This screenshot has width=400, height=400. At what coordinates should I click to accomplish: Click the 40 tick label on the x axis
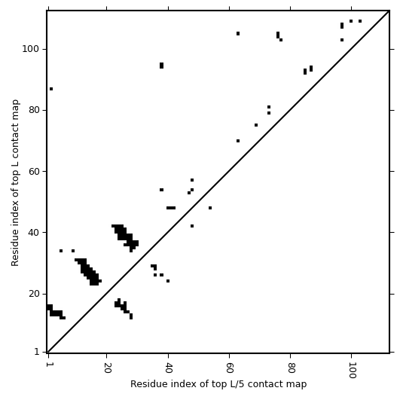[168, 368]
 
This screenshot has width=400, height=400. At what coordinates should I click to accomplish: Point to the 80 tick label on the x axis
[291, 368]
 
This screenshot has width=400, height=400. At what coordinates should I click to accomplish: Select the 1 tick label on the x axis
[48, 365]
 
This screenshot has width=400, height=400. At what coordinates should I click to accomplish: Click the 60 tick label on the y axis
[35, 172]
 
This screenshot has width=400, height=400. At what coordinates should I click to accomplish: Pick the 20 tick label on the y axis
[35, 294]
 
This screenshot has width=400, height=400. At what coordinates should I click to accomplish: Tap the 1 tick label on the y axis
[37, 352]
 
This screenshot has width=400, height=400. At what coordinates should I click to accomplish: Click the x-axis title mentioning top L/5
[218, 384]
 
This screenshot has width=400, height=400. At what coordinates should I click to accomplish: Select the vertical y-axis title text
[15, 182]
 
